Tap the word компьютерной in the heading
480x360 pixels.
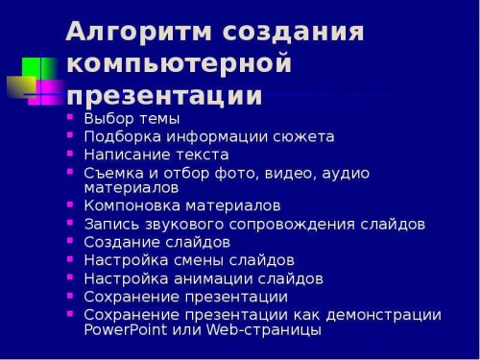(x=179, y=64)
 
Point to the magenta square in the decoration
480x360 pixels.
(x=46, y=93)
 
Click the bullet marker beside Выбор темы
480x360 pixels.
(x=70, y=118)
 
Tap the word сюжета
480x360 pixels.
(x=302, y=136)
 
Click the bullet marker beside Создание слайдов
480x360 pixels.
(x=70, y=241)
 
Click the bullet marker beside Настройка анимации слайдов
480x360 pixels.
(x=70, y=277)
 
